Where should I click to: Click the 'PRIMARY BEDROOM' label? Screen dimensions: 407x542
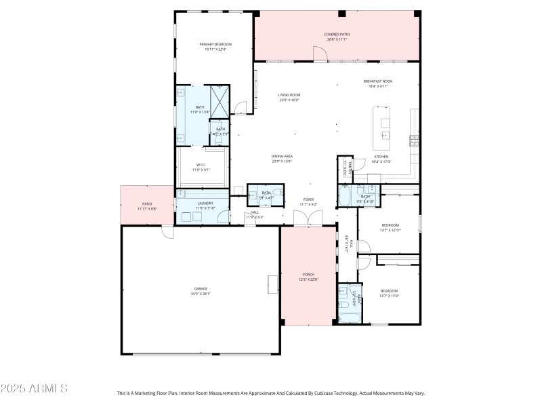[x=215, y=44]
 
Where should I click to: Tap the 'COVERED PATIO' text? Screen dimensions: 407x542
[x=337, y=33]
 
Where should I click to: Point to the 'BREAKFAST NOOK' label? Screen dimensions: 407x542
[x=377, y=81]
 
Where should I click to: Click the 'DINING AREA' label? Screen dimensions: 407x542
[x=282, y=156]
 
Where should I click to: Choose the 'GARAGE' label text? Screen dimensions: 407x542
[x=201, y=288]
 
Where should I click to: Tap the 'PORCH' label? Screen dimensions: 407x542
[x=308, y=275]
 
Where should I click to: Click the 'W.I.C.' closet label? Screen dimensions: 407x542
[x=201, y=165]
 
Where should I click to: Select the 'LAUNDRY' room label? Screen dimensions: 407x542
[x=205, y=203]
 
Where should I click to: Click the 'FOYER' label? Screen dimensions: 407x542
[x=308, y=199]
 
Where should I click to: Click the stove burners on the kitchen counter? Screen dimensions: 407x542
[x=413, y=140]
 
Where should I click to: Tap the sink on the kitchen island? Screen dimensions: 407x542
[x=385, y=123]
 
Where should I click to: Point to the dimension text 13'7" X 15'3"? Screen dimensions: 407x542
[x=390, y=296]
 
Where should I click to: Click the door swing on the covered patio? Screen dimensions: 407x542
[x=318, y=54]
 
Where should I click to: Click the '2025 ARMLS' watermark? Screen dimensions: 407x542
[x=34, y=389]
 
